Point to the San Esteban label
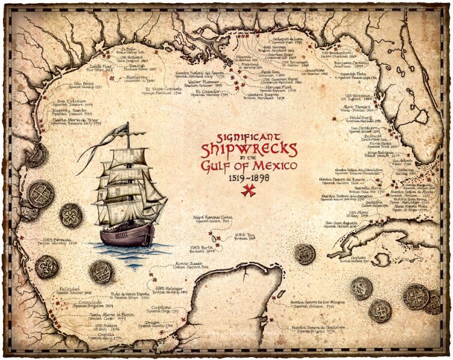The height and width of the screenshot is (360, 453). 72,102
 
